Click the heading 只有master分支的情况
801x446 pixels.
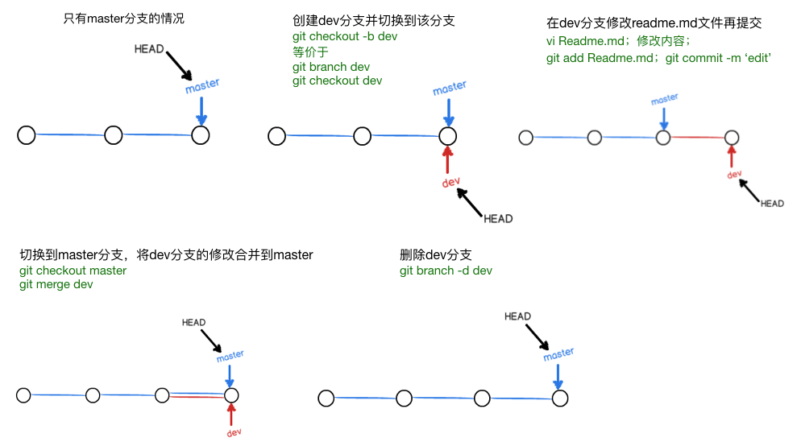click(123, 18)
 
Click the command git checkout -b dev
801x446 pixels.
click(345, 36)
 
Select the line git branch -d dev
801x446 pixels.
click(446, 270)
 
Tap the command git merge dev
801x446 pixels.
click(56, 284)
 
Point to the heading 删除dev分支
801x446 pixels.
click(434, 254)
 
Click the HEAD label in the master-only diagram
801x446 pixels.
click(150, 49)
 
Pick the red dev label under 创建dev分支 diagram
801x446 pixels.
click(450, 183)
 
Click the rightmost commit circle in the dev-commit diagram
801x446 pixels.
click(732, 138)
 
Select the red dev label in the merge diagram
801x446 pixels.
click(234, 432)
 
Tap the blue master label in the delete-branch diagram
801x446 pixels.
click(558, 354)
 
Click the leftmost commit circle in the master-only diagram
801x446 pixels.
click(27, 135)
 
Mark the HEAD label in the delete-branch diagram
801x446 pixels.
click(517, 316)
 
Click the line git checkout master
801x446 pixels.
click(73, 270)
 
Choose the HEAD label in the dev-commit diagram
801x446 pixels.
click(772, 204)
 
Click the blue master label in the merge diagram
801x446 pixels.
click(230, 355)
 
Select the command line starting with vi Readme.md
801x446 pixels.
click(618, 40)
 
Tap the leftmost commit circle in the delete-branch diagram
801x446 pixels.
click(326, 399)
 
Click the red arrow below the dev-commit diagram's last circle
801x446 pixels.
click(732, 156)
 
